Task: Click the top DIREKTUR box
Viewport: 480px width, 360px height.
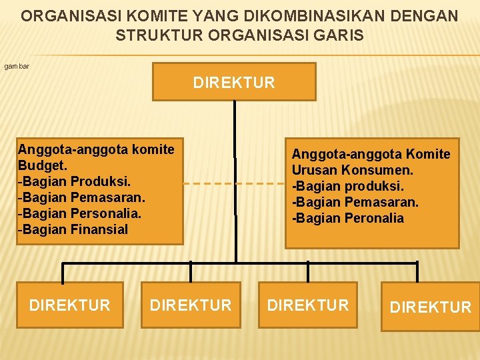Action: [x=234, y=82]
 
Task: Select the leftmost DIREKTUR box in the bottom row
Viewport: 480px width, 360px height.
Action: [x=70, y=305]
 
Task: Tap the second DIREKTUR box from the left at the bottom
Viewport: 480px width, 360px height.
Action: [x=191, y=305]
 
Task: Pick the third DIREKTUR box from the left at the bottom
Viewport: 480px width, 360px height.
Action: [x=308, y=305]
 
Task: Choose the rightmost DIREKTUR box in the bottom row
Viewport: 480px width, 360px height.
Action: [x=430, y=307]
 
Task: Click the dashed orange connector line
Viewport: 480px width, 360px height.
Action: [x=233, y=183]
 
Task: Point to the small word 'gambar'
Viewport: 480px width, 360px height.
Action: [x=17, y=67]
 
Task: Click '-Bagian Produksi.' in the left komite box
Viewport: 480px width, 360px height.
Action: [x=74, y=181]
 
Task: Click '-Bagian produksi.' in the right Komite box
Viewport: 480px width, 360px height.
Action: [x=347, y=186]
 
